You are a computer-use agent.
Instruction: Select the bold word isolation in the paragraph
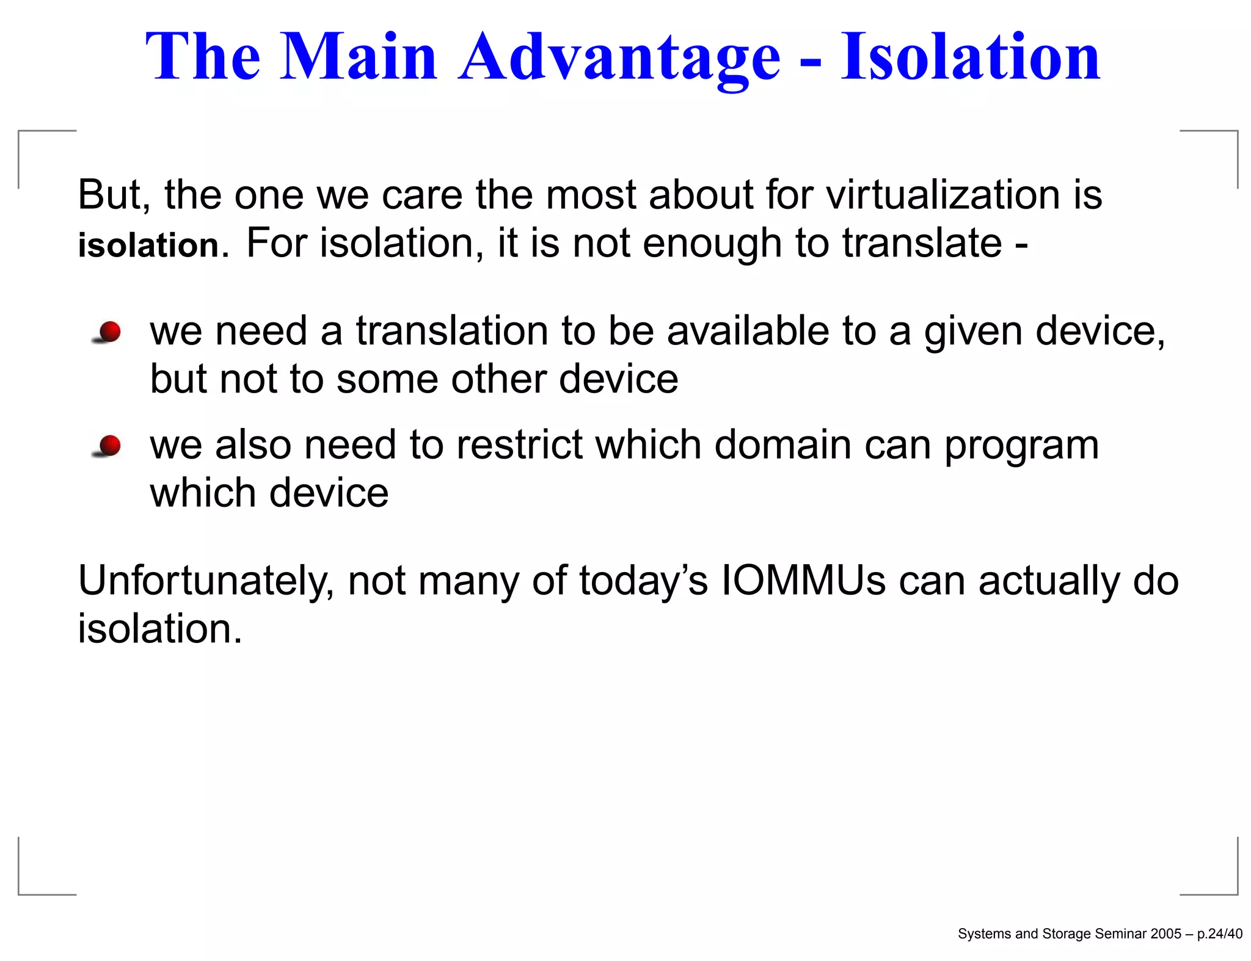click(x=148, y=245)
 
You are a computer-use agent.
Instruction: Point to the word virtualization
click(x=943, y=195)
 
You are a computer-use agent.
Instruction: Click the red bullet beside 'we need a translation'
click(x=109, y=332)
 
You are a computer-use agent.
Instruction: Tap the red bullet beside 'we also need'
click(x=109, y=446)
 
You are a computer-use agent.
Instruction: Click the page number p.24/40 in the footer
click(x=1219, y=934)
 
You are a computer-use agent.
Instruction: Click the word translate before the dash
click(x=922, y=243)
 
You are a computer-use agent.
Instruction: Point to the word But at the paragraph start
click(x=114, y=195)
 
